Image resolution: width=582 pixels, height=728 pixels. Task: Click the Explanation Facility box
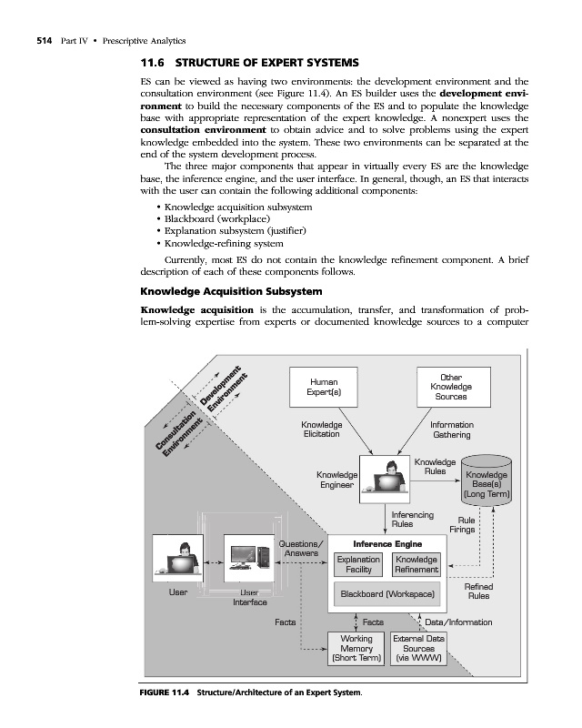point(357,564)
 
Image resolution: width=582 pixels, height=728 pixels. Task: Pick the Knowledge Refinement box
point(416,564)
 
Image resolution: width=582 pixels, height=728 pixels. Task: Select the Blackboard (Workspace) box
point(386,594)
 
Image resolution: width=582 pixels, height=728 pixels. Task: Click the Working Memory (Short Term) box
point(356,648)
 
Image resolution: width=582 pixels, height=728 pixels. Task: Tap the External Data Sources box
point(418,648)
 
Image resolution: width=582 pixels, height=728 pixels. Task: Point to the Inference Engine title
point(386,543)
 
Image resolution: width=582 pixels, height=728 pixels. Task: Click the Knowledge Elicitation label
point(322,430)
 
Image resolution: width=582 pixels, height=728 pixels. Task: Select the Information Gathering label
point(451,430)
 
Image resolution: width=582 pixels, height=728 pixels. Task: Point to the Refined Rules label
point(478,592)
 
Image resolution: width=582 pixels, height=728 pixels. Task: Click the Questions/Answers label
point(299,549)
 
